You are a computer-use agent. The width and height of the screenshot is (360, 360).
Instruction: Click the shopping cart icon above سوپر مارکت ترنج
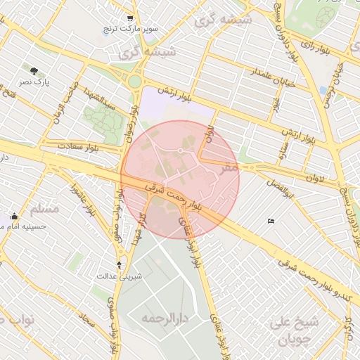130,19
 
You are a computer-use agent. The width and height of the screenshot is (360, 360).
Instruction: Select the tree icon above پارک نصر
33,70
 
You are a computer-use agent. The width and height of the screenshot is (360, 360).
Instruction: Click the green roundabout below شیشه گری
134,81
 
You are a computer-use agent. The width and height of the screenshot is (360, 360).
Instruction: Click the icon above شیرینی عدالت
118,264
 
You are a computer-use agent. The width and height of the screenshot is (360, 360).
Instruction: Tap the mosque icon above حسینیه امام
15,215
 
